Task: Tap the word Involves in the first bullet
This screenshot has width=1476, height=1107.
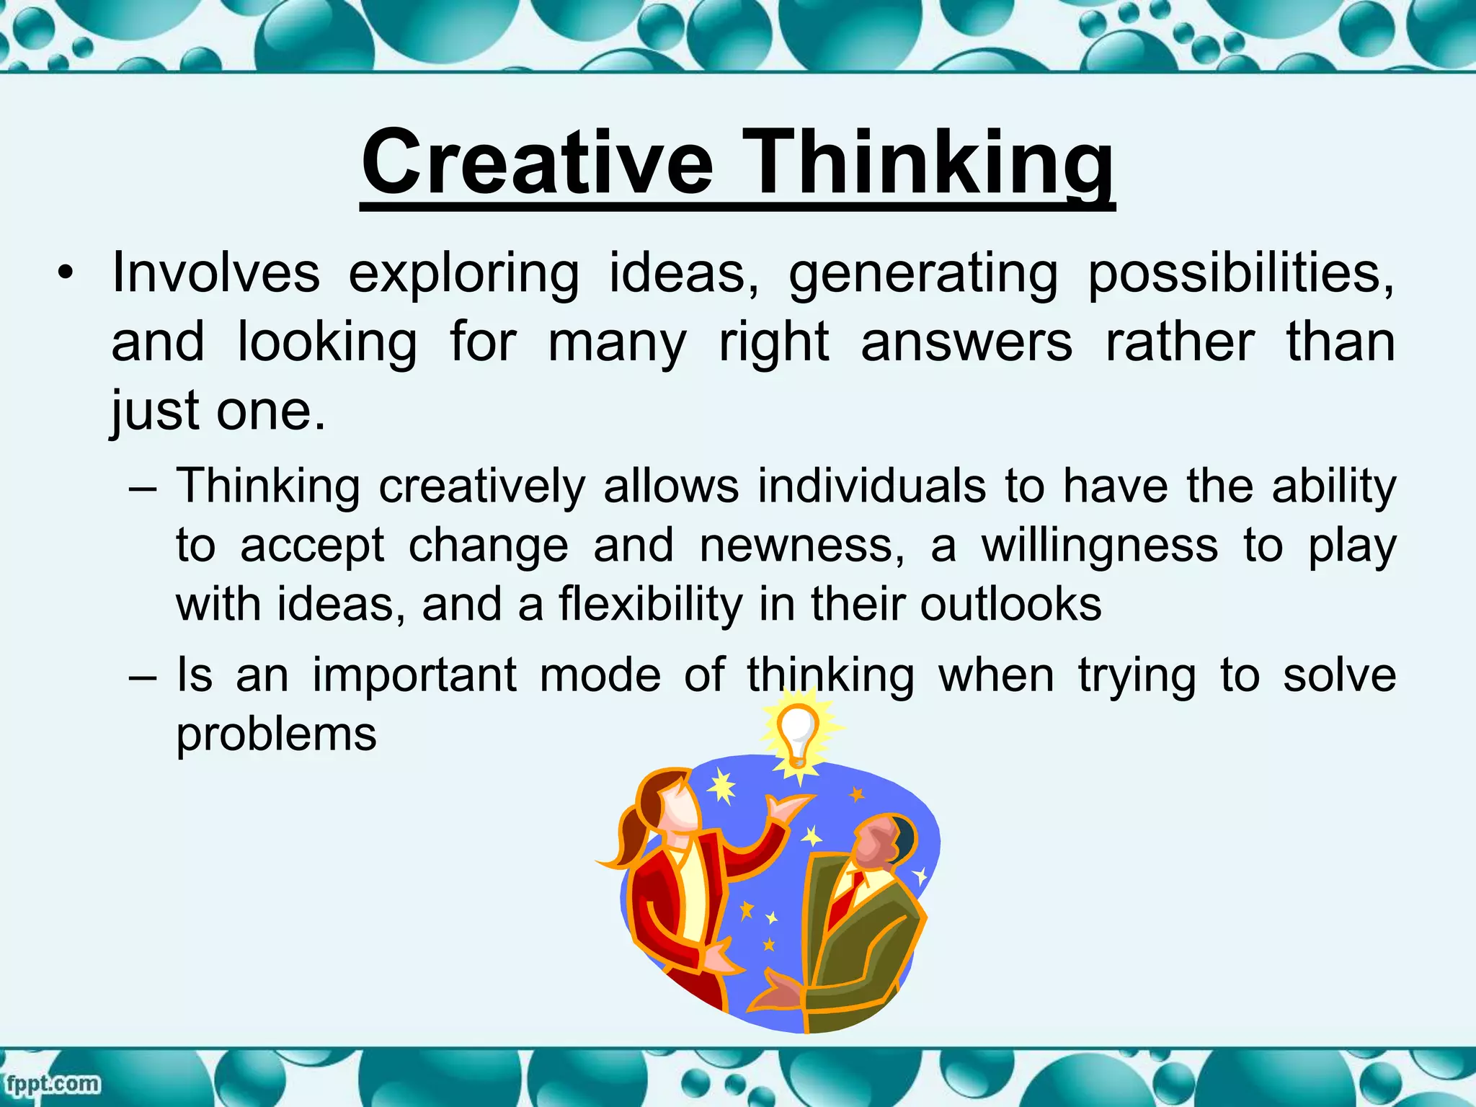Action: point(215,273)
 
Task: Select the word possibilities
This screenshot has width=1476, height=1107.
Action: point(1240,275)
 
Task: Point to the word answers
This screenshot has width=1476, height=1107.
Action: point(966,342)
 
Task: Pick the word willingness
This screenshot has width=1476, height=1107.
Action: point(1100,546)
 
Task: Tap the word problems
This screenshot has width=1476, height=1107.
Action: point(276,736)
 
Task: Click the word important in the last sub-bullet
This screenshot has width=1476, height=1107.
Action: point(414,676)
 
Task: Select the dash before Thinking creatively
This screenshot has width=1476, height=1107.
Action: point(143,488)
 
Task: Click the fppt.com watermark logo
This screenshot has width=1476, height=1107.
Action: point(52,1083)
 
